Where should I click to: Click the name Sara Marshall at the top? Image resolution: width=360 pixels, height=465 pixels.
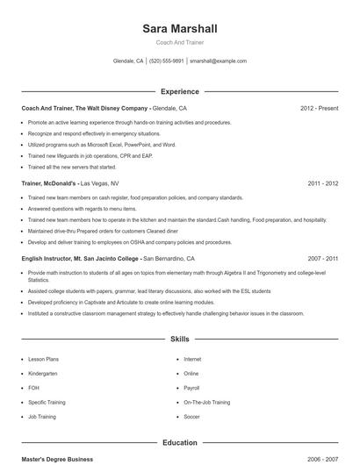pyautogui.click(x=179, y=29)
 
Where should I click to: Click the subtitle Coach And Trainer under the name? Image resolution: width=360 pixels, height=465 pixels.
pyautogui.click(x=179, y=42)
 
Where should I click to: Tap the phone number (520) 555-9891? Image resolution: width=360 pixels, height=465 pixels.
pyautogui.click(x=167, y=61)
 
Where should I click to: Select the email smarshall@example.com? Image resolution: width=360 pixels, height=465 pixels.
pyautogui.click(x=218, y=61)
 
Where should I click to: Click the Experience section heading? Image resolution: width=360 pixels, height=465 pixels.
pyautogui.click(x=179, y=91)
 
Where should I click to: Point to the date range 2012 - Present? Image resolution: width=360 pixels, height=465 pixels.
pyautogui.click(x=319, y=109)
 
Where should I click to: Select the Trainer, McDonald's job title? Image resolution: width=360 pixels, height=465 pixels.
pyautogui.click(x=49, y=184)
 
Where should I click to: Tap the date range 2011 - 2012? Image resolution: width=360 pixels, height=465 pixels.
pyautogui.click(x=323, y=184)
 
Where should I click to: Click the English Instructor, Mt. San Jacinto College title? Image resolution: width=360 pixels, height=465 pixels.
pyautogui.click(x=80, y=259)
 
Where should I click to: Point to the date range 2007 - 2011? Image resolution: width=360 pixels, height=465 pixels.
pyautogui.click(x=323, y=259)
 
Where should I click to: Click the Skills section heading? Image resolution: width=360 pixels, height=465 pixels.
pyautogui.click(x=179, y=338)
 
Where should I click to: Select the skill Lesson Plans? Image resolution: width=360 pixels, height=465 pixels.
pyautogui.click(x=43, y=359)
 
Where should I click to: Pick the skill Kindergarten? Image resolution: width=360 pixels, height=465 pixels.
pyautogui.click(x=42, y=373)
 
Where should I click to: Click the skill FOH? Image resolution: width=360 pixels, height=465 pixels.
pyautogui.click(x=33, y=388)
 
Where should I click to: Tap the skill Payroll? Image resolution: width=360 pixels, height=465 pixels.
pyautogui.click(x=191, y=388)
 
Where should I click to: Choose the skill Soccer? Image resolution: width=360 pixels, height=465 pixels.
pyautogui.click(x=191, y=417)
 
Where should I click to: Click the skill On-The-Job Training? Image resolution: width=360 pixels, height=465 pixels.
pyautogui.click(x=206, y=402)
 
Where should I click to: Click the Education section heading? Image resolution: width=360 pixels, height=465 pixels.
pyautogui.click(x=179, y=443)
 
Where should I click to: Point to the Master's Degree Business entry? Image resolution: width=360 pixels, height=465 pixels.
pyautogui.click(x=57, y=460)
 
